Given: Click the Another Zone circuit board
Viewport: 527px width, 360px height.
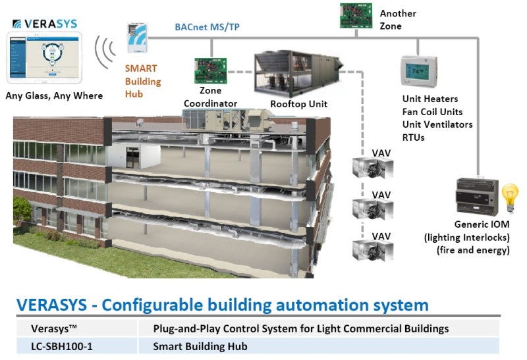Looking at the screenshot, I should click(x=355, y=15).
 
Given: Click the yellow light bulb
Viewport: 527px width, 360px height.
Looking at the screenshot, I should click(x=507, y=197).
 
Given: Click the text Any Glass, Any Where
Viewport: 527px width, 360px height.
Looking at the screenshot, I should click(x=55, y=96).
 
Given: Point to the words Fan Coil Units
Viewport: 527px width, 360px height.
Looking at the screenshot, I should click(x=435, y=111).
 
